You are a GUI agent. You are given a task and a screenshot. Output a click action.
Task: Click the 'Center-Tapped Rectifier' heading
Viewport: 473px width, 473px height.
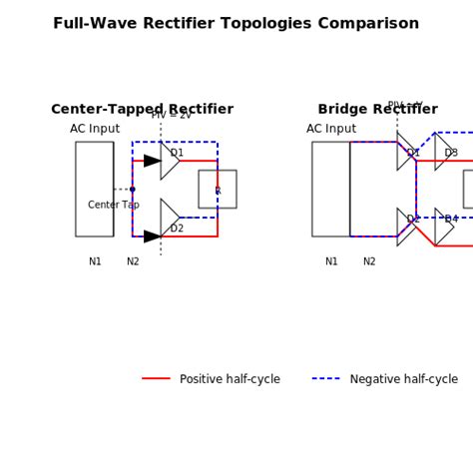(x=142, y=110)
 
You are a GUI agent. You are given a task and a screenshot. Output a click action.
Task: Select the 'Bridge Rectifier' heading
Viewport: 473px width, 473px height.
(x=377, y=110)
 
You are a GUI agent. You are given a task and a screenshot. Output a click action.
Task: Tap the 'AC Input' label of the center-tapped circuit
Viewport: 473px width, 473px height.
(x=95, y=129)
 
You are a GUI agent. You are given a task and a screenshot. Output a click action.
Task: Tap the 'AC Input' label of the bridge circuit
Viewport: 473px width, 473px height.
(x=331, y=129)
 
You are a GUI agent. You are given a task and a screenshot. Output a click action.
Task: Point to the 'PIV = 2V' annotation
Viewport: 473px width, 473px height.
(x=171, y=116)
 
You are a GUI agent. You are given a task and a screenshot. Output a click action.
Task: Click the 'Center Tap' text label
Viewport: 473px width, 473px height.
(x=113, y=206)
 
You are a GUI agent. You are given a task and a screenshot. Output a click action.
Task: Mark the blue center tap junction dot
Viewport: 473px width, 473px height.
(x=133, y=189)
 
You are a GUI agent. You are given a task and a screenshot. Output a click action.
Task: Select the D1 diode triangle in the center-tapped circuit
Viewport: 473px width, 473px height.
(x=168, y=161)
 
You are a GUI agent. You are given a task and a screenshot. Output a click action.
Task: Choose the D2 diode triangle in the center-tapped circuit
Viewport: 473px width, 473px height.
(x=168, y=218)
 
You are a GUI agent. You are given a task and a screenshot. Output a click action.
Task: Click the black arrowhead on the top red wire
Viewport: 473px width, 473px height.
(x=152, y=161)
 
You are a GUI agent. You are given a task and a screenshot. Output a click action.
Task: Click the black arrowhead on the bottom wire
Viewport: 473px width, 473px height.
(x=152, y=236)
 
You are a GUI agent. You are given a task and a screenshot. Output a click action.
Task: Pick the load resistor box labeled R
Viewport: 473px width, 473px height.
(x=217, y=189)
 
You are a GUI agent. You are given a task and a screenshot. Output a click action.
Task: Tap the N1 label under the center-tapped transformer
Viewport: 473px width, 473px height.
(x=95, y=262)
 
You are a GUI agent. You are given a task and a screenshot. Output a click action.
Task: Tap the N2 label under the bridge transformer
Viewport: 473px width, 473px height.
(x=369, y=262)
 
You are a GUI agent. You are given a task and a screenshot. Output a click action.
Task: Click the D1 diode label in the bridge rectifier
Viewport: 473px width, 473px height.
(x=413, y=153)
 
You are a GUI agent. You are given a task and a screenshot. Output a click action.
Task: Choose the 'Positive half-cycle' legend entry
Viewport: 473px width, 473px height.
(x=230, y=379)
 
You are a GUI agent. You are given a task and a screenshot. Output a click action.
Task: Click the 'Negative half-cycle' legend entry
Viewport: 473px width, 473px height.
(x=403, y=379)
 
